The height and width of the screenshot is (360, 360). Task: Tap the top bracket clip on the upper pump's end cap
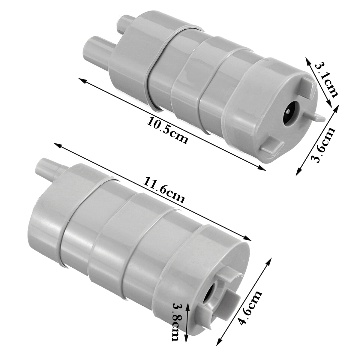[x=308, y=87]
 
